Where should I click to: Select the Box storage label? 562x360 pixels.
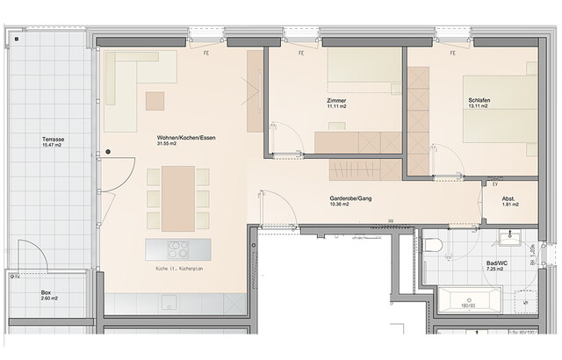pos(47,292)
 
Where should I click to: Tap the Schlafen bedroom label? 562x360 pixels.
pos(479,102)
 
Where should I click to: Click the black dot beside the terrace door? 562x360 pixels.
pos(108,151)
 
